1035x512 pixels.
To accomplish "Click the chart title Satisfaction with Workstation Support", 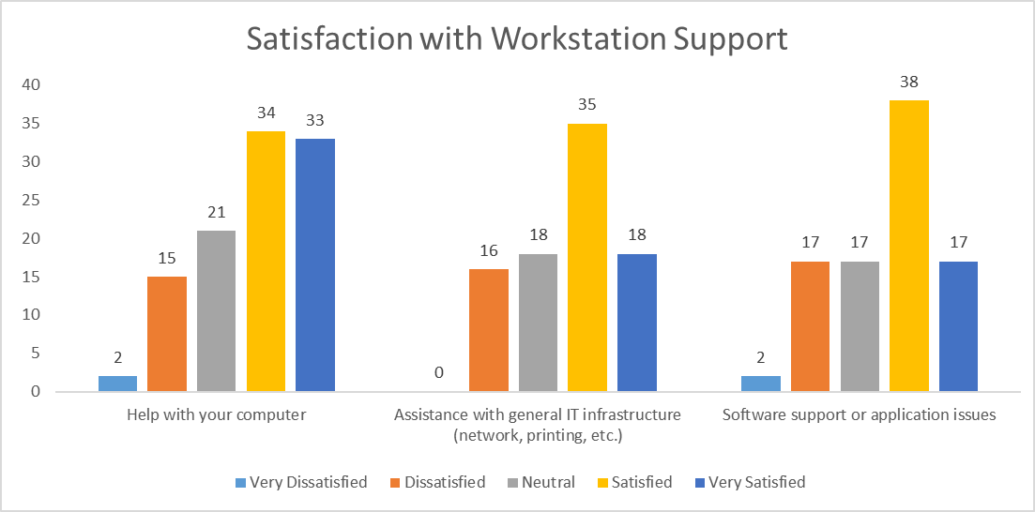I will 517,38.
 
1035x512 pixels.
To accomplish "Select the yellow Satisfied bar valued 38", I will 908,246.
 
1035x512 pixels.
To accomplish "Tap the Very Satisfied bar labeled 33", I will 315,264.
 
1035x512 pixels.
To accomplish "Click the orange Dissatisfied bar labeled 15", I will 167,333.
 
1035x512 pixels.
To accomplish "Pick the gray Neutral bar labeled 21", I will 217,310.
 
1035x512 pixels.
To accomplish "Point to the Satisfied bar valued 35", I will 587,257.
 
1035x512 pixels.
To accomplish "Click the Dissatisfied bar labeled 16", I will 489,329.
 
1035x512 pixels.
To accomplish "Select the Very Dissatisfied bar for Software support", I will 761,383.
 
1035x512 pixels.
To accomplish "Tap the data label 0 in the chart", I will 439,372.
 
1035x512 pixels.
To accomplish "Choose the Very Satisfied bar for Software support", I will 958,325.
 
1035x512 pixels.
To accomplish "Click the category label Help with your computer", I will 217,414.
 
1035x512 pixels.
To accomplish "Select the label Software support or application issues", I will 859,414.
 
